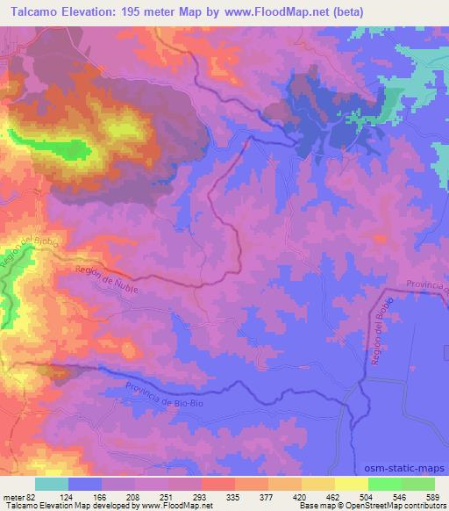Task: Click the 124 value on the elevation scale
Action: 69,496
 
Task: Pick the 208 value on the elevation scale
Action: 136,496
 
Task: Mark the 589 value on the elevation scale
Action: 434,496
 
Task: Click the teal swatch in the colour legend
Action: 53,484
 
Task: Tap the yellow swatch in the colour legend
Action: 352,484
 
